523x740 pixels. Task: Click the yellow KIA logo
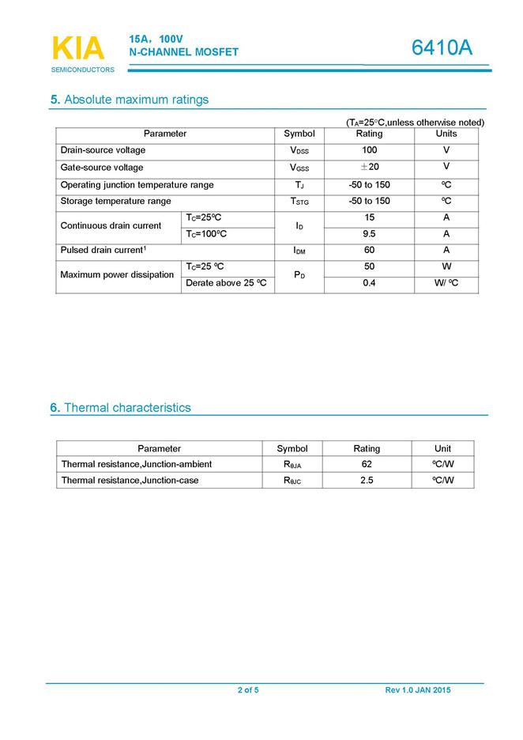(77, 48)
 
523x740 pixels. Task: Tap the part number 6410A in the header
(442, 48)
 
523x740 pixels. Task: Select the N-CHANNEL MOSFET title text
(183, 52)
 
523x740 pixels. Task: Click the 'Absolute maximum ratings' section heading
(130, 100)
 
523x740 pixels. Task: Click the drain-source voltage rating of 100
(369, 150)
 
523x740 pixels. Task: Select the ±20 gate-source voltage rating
(369, 168)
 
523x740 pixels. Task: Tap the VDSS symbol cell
(299, 150)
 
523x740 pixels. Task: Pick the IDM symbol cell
(299, 251)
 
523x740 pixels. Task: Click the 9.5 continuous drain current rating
(369, 234)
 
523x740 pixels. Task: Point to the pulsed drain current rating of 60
(369, 251)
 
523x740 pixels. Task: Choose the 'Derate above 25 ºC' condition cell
(226, 283)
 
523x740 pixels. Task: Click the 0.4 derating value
(369, 283)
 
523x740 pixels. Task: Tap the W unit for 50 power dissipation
(446, 266)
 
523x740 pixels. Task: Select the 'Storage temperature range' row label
(116, 202)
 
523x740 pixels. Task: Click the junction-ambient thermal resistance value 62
(367, 464)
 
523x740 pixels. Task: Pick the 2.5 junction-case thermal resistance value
(367, 480)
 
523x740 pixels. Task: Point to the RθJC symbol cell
(292, 481)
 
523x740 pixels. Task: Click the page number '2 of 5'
(248, 690)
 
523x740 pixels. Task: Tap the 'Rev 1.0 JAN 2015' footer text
(418, 690)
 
